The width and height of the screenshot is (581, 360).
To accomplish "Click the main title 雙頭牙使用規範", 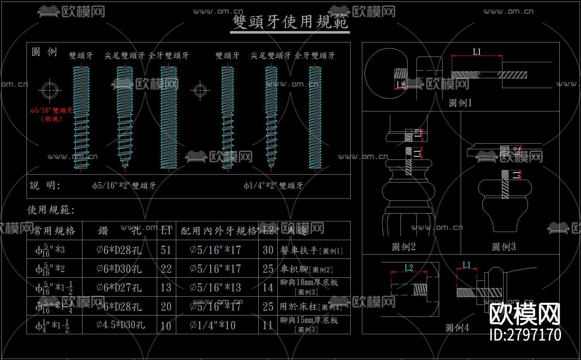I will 290,22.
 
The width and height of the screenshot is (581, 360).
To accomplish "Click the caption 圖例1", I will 460,103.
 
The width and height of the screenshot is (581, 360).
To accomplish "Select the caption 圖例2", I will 403,247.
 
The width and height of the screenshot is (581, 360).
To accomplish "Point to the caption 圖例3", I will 504,247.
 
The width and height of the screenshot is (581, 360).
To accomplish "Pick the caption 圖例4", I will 457,328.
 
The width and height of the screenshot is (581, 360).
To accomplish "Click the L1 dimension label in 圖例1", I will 477,52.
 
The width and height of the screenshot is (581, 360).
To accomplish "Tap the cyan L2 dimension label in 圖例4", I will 409,268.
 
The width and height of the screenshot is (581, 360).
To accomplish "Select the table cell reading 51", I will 166,250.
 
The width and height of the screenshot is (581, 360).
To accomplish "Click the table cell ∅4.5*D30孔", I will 120,325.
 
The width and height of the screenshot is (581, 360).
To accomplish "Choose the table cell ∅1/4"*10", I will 213,325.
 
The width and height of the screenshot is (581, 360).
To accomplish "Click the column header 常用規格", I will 54,231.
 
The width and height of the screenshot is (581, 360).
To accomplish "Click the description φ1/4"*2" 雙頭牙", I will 273,186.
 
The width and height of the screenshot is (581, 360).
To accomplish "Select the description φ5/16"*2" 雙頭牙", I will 124,186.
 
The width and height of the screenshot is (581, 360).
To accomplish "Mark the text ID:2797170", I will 525,335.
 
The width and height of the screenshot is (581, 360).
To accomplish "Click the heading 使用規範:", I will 51,210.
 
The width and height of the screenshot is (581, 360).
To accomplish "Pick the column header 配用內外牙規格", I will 218,231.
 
